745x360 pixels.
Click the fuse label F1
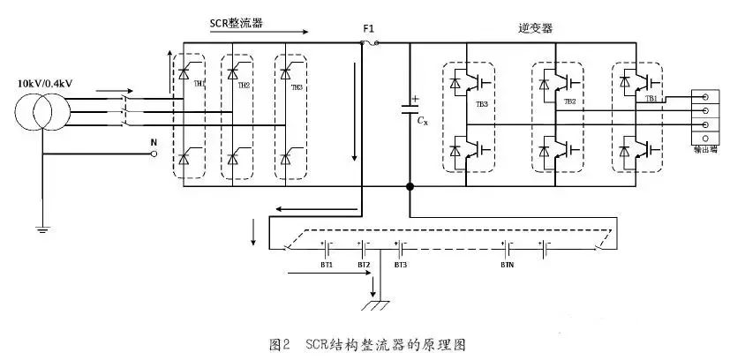click(x=368, y=29)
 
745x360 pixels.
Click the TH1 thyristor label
click(x=199, y=84)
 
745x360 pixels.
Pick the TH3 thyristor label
click(x=297, y=87)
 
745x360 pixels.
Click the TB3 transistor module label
click(x=482, y=105)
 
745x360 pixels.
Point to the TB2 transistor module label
click(x=569, y=101)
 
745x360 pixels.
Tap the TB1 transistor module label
click(x=651, y=100)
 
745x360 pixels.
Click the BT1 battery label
click(x=326, y=265)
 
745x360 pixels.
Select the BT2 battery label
click(x=363, y=265)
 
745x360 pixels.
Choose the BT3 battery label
click(x=400, y=265)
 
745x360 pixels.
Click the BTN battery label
click(x=508, y=265)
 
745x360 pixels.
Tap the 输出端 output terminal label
click(x=705, y=150)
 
